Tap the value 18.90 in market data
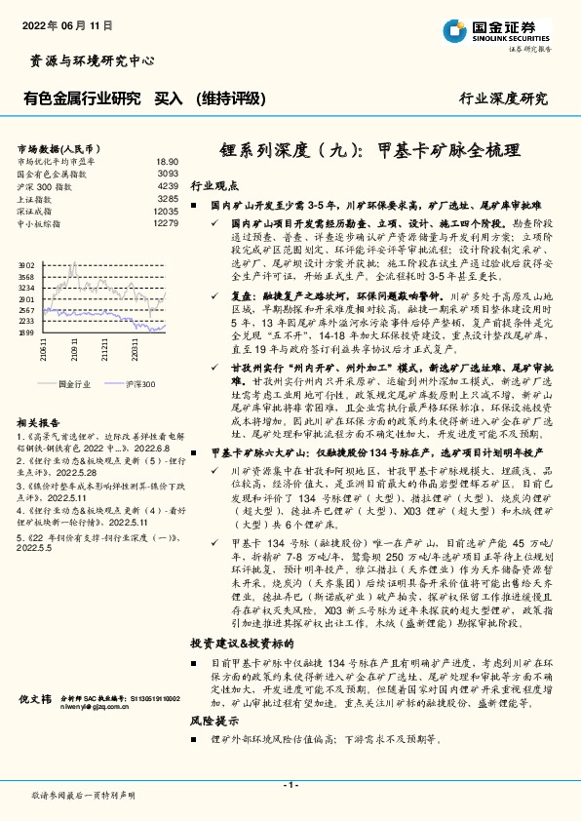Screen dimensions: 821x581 [167, 161]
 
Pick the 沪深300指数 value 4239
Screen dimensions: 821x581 [168, 184]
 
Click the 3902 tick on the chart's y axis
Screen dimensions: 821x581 [27, 264]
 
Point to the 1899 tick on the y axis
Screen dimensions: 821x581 [27, 332]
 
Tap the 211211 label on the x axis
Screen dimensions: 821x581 [103, 348]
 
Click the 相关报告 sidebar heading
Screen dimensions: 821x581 [40, 422]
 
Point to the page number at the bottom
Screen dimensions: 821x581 [290, 785]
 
